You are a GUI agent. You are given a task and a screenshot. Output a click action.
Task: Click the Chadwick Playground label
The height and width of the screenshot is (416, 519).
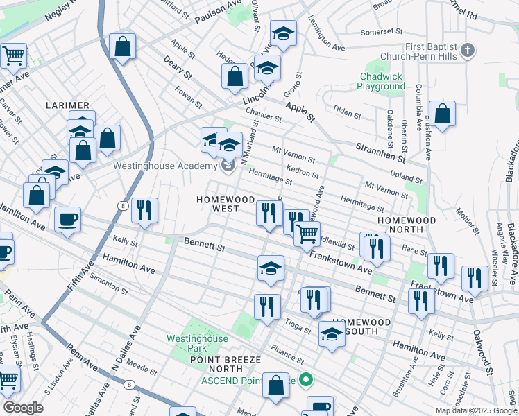(381, 81)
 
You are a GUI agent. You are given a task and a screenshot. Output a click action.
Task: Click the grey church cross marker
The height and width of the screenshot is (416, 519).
(468, 50)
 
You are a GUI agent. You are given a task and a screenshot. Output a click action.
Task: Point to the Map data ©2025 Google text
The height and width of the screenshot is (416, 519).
(475, 410)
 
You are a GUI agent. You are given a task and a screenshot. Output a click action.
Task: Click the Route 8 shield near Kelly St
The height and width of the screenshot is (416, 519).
(122, 205)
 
